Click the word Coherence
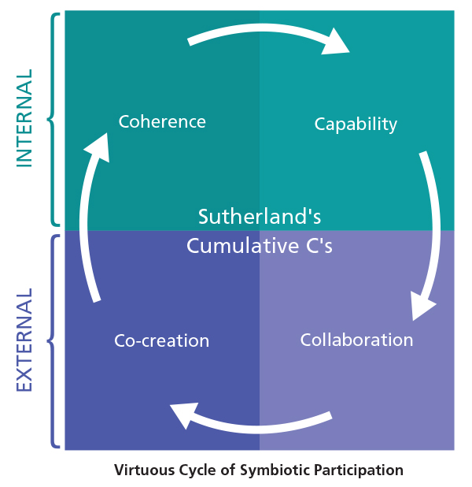[162, 122]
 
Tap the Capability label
[356, 125]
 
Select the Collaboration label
[356, 340]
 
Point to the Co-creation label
[161, 341]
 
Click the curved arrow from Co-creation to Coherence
[93, 229]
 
